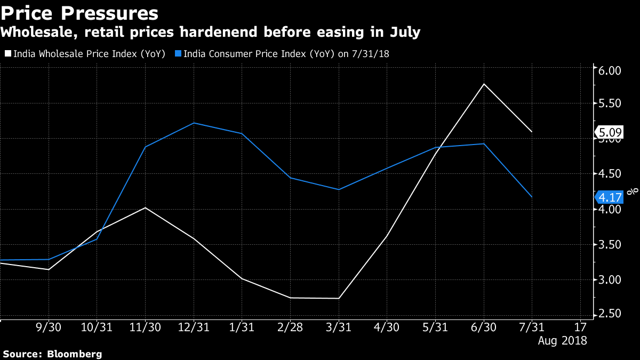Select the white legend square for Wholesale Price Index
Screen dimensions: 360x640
coord(7,53)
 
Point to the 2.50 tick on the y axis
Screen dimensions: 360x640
coord(610,314)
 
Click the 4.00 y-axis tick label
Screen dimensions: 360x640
coord(610,210)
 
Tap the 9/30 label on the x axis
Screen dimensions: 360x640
coord(49,326)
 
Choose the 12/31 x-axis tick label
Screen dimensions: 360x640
coord(193,326)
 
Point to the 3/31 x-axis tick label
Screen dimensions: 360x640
coord(338,326)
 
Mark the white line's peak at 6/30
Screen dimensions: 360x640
coord(484,84)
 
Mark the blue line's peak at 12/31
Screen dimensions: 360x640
coord(193,123)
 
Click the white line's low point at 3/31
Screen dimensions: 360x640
coord(338,298)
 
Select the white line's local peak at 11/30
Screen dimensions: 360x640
coord(145,207)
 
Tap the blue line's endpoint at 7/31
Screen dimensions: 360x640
coord(532,197)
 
